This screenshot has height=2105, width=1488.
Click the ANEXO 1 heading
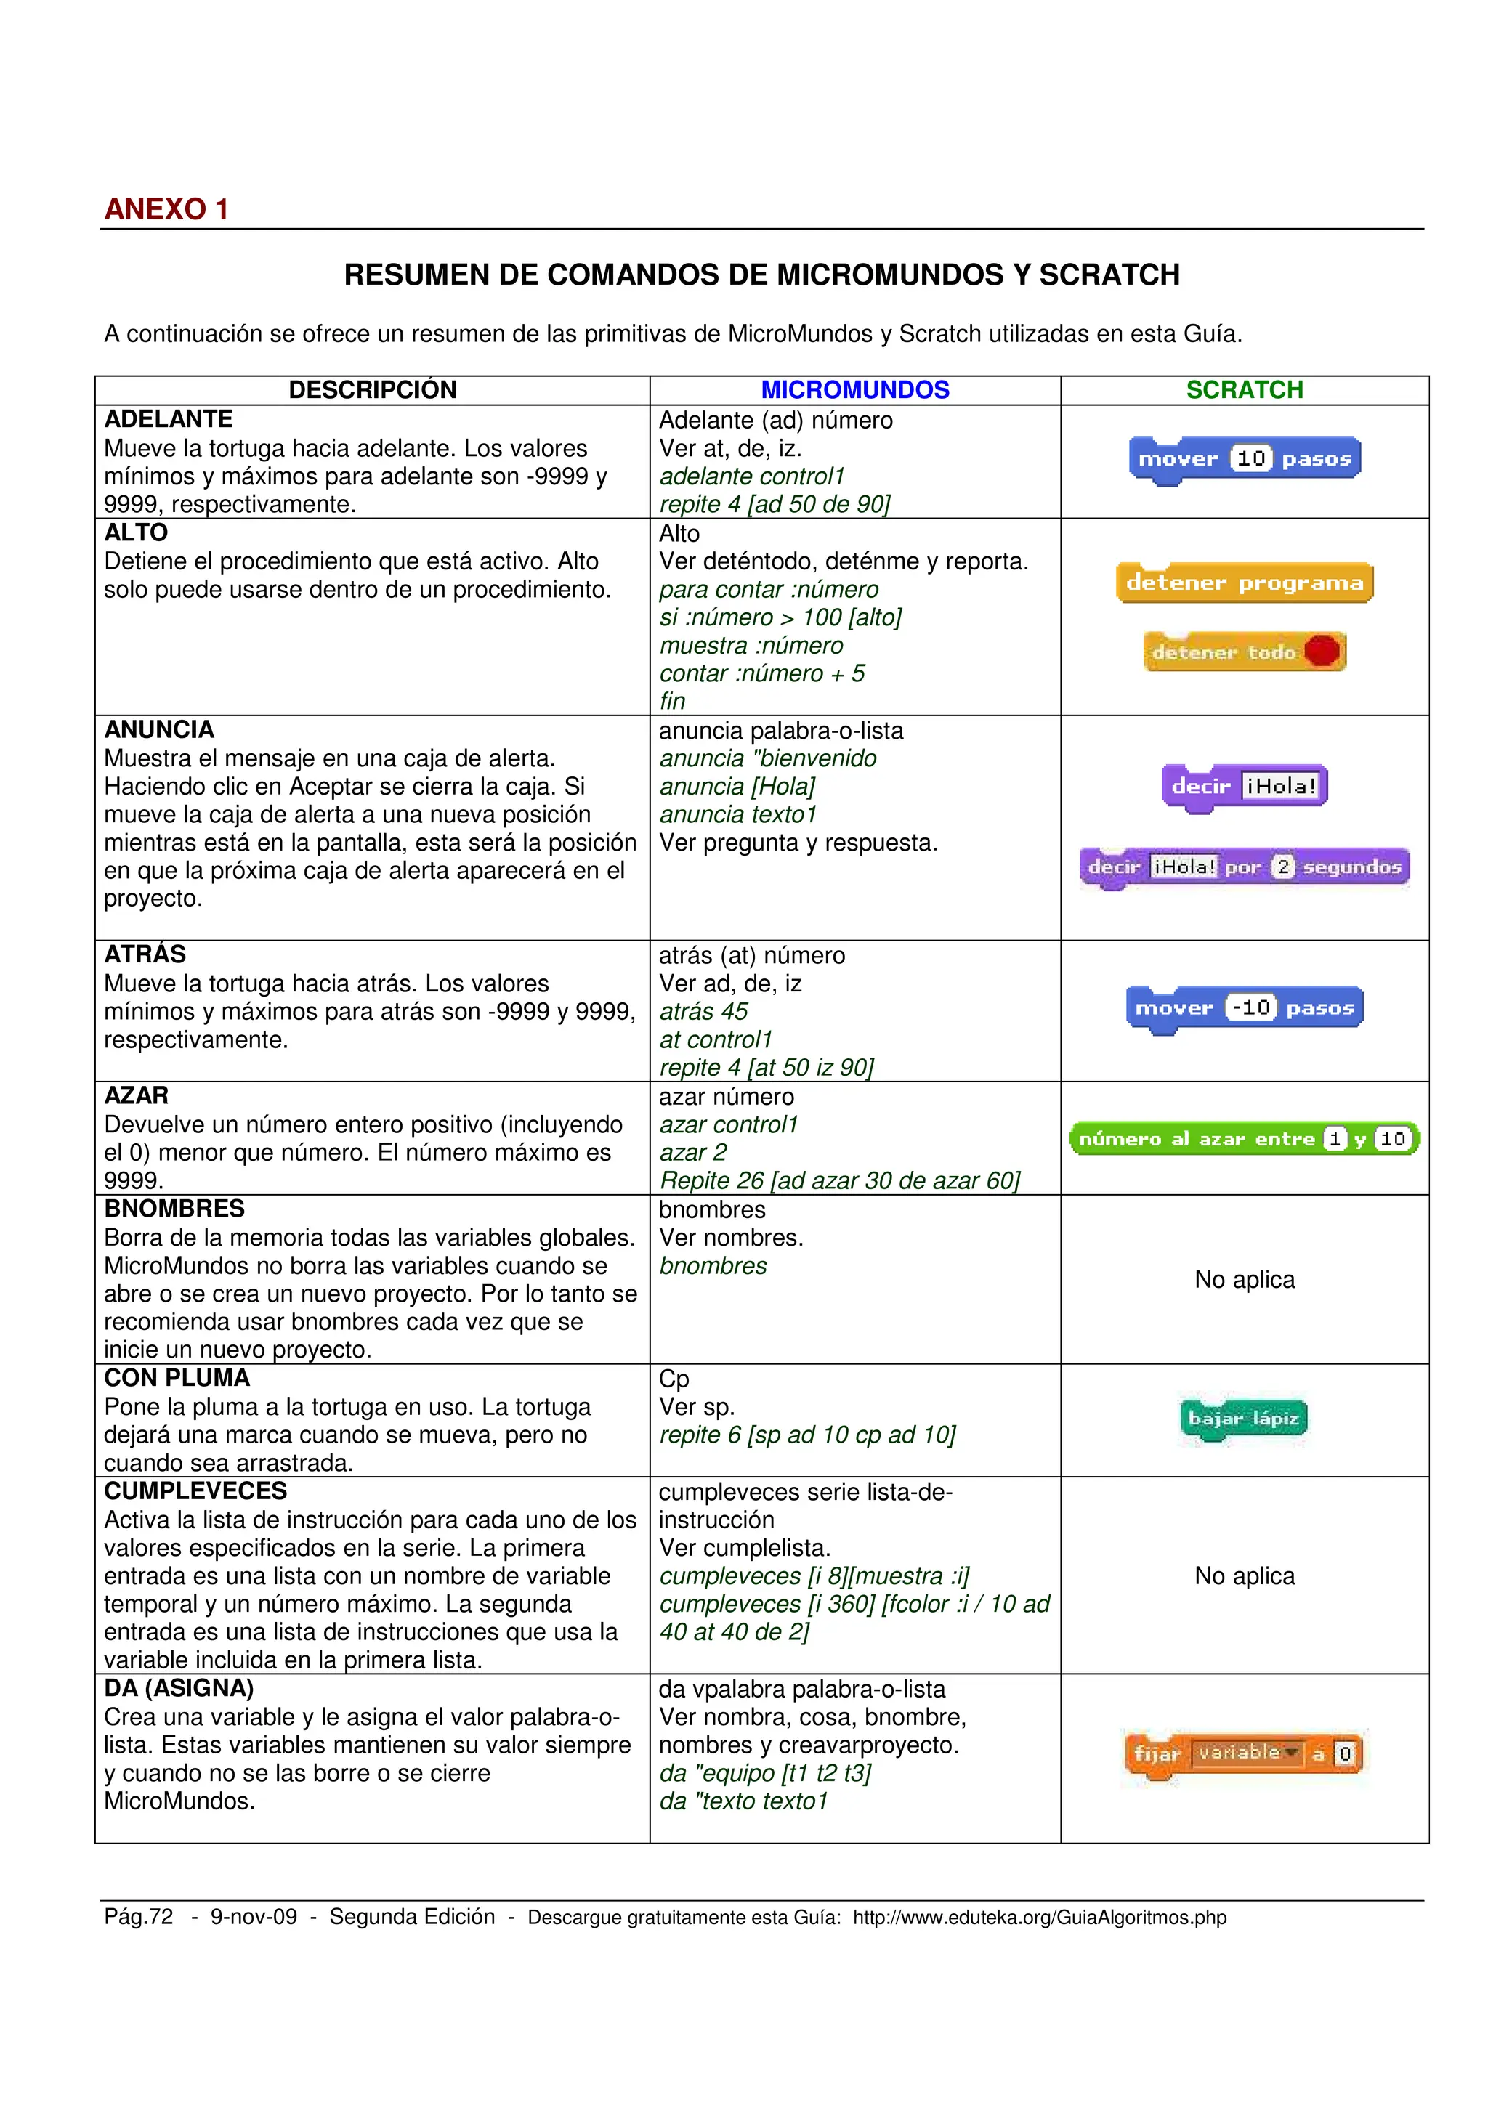point(166,209)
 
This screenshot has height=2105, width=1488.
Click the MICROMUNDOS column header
point(854,389)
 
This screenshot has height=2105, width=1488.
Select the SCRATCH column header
point(1244,389)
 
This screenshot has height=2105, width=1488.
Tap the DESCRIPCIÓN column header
point(372,389)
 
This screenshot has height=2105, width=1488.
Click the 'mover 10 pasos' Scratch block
point(1244,458)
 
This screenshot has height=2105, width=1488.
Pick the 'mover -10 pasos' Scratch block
point(1244,1007)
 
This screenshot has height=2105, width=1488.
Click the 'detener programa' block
point(1244,582)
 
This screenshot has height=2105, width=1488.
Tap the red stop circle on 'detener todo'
point(1321,651)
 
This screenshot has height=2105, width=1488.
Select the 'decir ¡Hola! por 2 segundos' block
point(1244,867)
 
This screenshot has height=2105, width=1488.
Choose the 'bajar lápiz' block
point(1243,1419)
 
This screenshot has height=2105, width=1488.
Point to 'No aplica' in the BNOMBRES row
point(1244,1279)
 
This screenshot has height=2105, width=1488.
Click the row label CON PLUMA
point(177,1378)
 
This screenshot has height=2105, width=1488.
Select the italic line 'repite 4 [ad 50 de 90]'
point(775,504)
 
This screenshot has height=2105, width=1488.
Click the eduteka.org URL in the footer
point(1039,1917)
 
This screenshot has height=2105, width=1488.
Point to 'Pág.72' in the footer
point(139,1916)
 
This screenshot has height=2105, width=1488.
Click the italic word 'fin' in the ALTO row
point(672,702)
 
